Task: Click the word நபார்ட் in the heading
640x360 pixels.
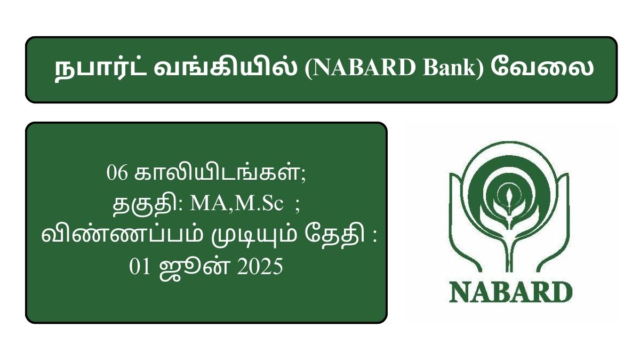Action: point(101,69)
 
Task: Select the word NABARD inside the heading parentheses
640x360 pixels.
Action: point(364,68)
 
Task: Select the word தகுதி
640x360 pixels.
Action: point(145,205)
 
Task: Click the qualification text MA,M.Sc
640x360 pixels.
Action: point(237,204)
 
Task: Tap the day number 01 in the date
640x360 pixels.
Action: point(140,267)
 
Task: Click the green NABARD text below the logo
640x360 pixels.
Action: point(511,292)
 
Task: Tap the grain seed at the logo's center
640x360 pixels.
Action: point(509,197)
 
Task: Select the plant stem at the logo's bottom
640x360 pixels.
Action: point(509,251)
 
